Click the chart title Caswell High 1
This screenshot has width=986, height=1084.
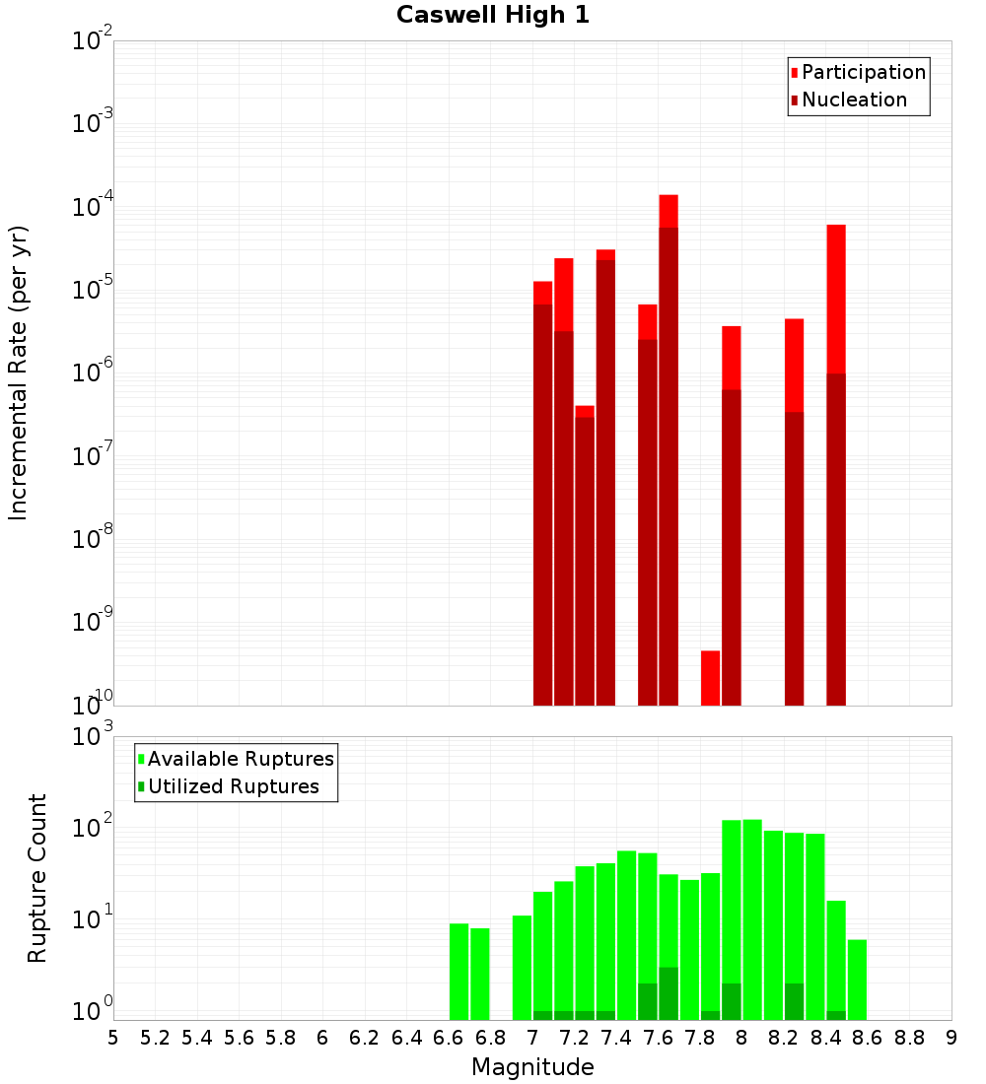493,16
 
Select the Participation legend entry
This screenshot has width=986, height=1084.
863,72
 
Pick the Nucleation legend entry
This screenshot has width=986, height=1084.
854,100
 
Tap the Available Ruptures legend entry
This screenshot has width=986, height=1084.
240,759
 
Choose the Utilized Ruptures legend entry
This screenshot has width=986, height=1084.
233,786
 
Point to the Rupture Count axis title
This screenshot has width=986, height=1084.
37,878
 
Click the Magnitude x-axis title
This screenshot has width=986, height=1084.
532,1067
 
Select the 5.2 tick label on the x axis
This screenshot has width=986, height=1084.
155,1038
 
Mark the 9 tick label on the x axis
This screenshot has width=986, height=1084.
951,1038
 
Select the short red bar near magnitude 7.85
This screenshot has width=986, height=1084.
710,678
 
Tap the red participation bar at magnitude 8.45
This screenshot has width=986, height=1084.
836,296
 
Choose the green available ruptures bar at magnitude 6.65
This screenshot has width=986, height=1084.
458,971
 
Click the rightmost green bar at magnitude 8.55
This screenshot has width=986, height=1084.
857,980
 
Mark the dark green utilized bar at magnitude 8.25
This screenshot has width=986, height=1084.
794,1001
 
